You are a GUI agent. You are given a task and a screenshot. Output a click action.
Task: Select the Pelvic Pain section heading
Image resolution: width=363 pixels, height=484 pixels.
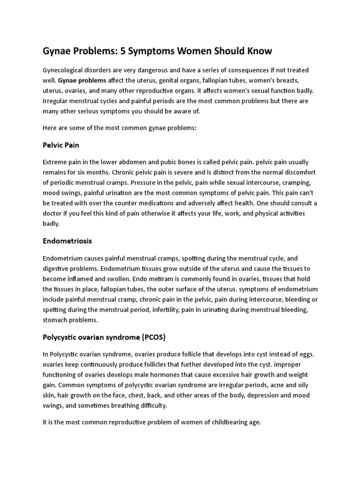click(x=61, y=145)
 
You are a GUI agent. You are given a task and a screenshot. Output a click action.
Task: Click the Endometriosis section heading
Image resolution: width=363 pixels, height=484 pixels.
click(x=67, y=241)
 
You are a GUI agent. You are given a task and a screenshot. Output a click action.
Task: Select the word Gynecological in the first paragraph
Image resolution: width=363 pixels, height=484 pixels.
click(x=64, y=70)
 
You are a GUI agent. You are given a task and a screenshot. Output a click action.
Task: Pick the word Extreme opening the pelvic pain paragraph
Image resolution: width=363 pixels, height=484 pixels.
click(x=55, y=162)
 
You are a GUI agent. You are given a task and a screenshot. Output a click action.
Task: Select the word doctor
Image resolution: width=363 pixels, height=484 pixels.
click(x=54, y=214)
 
